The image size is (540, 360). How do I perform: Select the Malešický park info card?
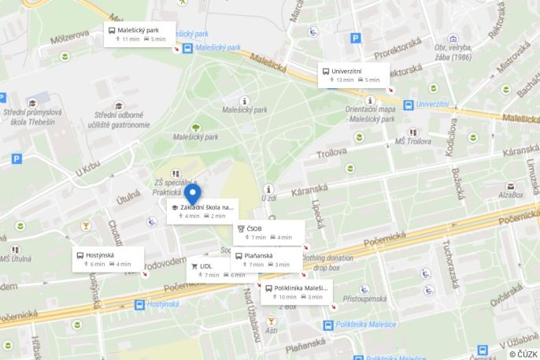(x=140, y=35)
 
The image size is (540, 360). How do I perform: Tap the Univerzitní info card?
(x=353, y=75)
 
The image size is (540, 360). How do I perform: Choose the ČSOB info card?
(x=269, y=232)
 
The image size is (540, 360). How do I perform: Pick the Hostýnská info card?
(x=108, y=259)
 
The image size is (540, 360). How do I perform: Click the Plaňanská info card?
(x=266, y=259)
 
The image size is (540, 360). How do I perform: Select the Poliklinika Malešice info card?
(x=296, y=292)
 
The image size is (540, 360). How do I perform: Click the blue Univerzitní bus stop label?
(x=431, y=104)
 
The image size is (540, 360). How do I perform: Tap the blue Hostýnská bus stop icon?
(x=139, y=304)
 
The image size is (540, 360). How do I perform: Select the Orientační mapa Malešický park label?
(x=370, y=114)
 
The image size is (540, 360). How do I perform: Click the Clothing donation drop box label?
(x=326, y=262)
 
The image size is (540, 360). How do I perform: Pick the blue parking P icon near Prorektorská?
(x=356, y=37)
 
